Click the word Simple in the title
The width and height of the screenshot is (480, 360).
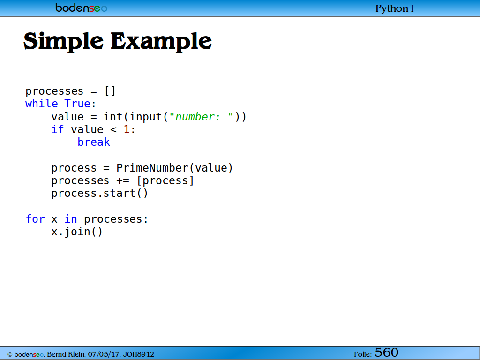pos(64,42)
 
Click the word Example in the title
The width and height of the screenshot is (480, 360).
pos(161,42)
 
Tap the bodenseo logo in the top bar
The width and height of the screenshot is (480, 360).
pos(82,7)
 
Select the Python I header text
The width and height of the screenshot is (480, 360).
pos(395,8)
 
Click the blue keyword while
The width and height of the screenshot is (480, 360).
pos(41,104)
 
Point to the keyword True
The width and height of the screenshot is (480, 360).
pos(77,104)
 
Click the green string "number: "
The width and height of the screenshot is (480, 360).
pos(201,117)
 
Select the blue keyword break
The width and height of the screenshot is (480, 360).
pos(94,142)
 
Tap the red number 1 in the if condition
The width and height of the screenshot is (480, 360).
pos(127,129)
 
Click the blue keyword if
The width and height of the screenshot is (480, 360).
pos(58,129)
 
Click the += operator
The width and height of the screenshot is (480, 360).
pos(123,181)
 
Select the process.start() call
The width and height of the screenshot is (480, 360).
pos(100,194)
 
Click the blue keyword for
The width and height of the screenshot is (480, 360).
pos(35,219)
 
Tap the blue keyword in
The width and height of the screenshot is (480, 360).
pos(71,219)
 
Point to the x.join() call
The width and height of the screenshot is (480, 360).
pos(77,232)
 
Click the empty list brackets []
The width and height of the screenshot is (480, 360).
pos(110,91)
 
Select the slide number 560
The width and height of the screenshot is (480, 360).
pos(386,352)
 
